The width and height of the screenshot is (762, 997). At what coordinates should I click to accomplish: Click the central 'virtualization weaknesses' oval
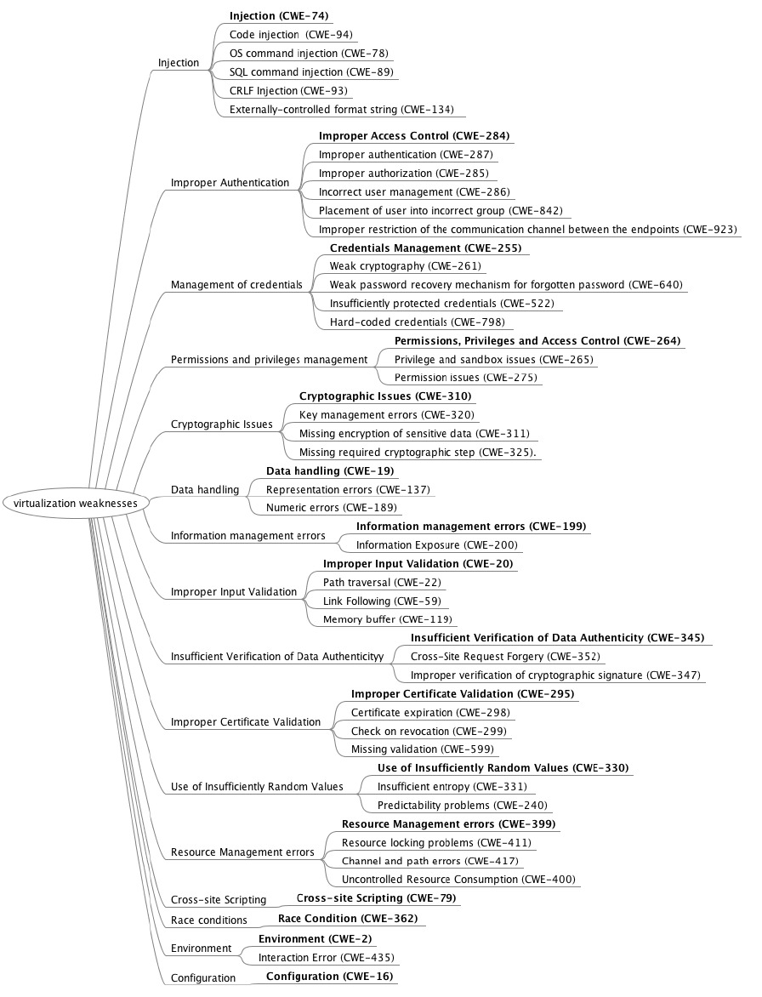[76, 503]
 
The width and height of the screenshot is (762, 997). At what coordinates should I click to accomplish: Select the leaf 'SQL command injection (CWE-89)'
[311, 72]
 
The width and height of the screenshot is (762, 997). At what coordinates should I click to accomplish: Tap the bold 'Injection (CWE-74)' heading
[279, 16]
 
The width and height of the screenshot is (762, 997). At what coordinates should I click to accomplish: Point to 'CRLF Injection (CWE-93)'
[288, 91]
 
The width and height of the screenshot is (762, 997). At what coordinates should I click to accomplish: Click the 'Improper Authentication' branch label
[230, 182]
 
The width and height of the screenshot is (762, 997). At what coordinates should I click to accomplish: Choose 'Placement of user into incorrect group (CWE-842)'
[441, 211]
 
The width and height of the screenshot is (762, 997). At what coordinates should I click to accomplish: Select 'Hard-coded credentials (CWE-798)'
[417, 322]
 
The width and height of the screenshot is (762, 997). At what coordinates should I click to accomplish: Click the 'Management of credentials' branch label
[236, 285]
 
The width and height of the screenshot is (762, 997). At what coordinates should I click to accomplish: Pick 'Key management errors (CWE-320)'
[387, 415]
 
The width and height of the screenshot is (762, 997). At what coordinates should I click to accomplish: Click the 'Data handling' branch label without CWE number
[205, 490]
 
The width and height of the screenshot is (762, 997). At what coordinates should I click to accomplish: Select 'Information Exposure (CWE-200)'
[436, 545]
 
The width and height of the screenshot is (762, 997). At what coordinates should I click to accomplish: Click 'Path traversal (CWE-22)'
[382, 583]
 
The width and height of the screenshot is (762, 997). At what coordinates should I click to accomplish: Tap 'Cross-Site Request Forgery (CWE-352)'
[505, 657]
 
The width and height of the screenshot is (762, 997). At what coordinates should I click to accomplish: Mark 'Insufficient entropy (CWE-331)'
[452, 787]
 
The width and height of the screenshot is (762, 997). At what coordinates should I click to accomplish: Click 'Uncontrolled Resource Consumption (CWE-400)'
[458, 880]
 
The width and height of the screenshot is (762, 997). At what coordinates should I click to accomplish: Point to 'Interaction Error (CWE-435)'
[326, 958]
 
